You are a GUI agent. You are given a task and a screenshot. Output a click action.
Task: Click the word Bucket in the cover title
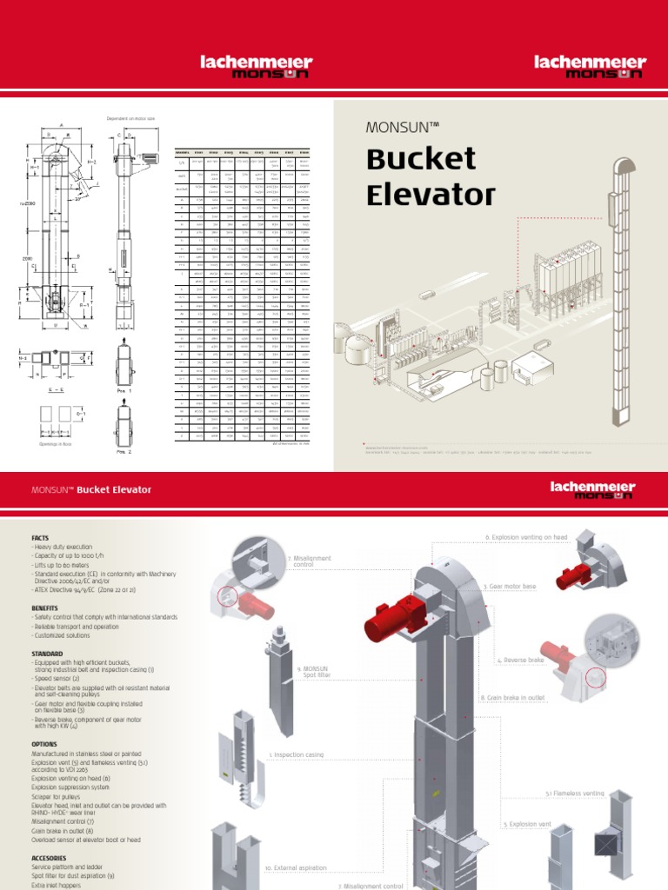(x=421, y=160)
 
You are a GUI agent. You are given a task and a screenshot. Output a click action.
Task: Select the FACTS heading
(x=40, y=538)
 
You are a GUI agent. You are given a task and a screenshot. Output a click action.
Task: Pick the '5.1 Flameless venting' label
(x=574, y=794)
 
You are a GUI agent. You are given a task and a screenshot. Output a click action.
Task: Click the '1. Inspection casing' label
(x=298, y=755)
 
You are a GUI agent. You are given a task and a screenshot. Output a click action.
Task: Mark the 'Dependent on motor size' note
(x=130, y=118)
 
